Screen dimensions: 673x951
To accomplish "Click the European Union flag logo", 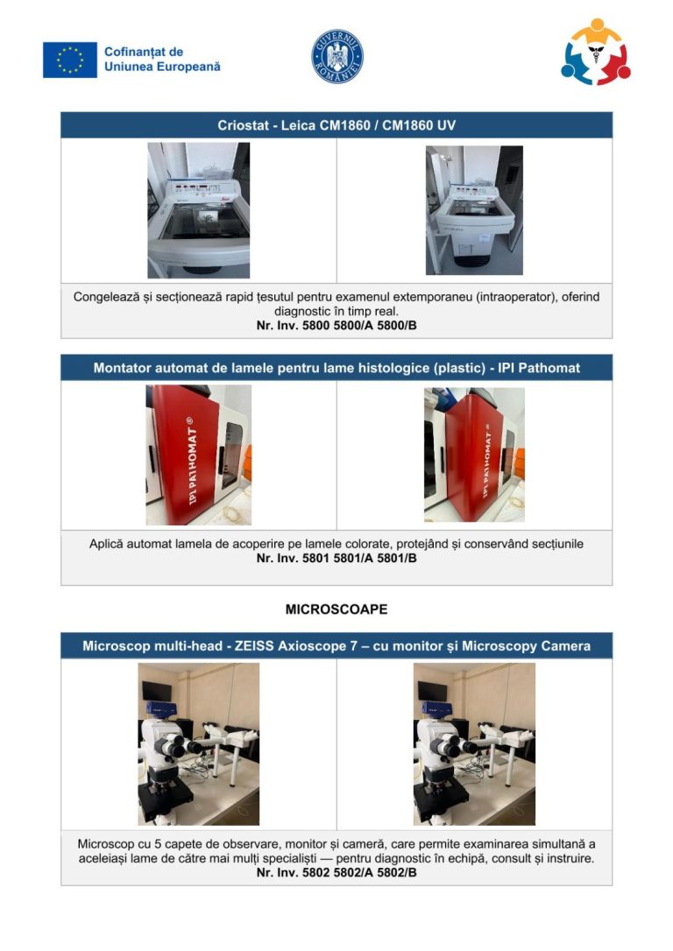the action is click(x=70, y=60).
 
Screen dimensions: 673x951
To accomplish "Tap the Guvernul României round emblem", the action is click(x=337, y=56).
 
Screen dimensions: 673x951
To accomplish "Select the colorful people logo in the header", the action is click(x=595, y=52).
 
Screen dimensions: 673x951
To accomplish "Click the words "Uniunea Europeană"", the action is click(x=162, y=67).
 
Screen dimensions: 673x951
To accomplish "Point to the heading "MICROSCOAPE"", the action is click(x=336, y=609).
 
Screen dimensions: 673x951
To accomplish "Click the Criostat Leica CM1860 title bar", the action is click(x=336, y=125).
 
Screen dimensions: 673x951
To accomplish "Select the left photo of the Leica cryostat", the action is click(x=198, y=210).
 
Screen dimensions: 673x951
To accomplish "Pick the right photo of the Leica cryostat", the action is click(x=474, y=210).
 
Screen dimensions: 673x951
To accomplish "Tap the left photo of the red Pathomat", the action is click(x=198, y=454).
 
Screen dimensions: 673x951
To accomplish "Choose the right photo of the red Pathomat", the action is click(x=474, y=454).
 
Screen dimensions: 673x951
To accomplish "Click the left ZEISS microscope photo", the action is click(x=198, y=743).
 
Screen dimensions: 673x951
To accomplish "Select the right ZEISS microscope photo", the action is click(x=474, y=743).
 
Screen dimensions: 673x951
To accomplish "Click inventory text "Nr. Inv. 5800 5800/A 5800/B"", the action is click(x=336, y=326).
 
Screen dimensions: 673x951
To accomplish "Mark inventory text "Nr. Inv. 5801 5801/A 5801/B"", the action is click(x=336, y=558).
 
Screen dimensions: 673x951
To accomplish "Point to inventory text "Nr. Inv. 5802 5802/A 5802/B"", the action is click(x=336, y=873).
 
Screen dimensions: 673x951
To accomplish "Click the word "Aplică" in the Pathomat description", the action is click(x=106, y=544).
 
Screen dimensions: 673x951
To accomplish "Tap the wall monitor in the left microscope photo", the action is click(x=157, y=691).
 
